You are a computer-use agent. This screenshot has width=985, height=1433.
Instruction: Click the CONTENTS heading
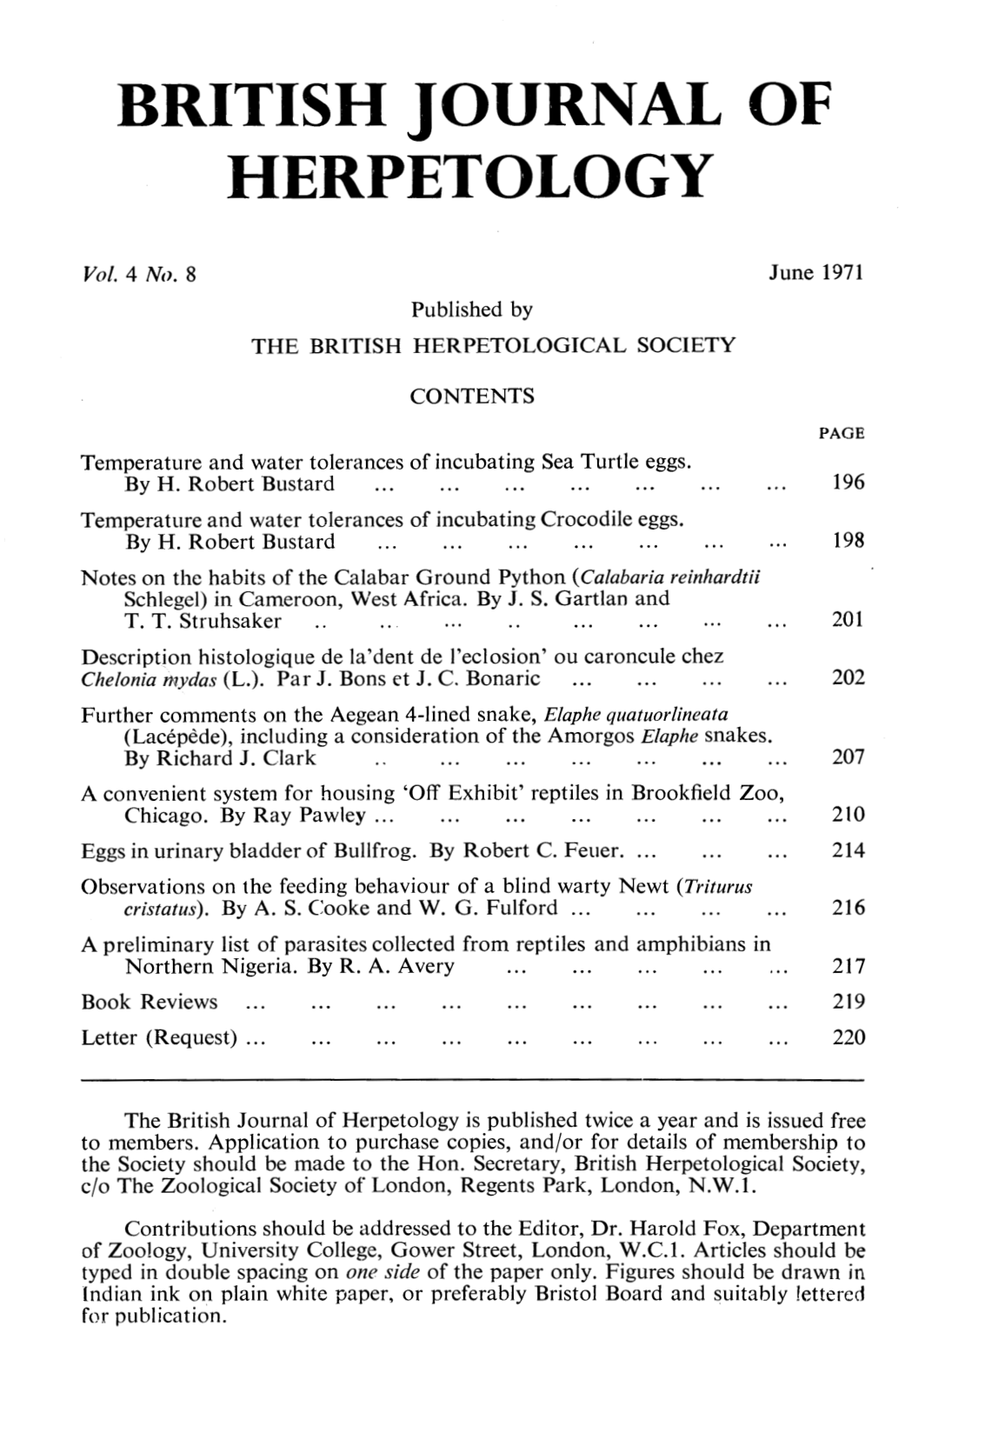[471, 397]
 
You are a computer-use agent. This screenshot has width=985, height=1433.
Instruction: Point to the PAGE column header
[842, 433]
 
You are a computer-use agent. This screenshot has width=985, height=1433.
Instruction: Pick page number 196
[848, 483]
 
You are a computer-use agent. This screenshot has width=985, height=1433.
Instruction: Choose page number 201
[848, 620]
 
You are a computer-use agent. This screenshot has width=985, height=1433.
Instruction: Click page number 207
[848, 756]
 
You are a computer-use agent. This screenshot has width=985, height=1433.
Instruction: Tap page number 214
[848, 850]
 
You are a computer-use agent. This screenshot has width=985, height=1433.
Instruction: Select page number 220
[848, 1037]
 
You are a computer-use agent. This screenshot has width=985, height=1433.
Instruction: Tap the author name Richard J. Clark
[236, 757]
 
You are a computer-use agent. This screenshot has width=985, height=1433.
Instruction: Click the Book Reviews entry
[149, 1002]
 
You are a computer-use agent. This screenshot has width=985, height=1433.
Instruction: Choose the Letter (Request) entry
[160, 1037]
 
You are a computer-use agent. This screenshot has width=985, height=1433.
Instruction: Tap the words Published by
[471, 310]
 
